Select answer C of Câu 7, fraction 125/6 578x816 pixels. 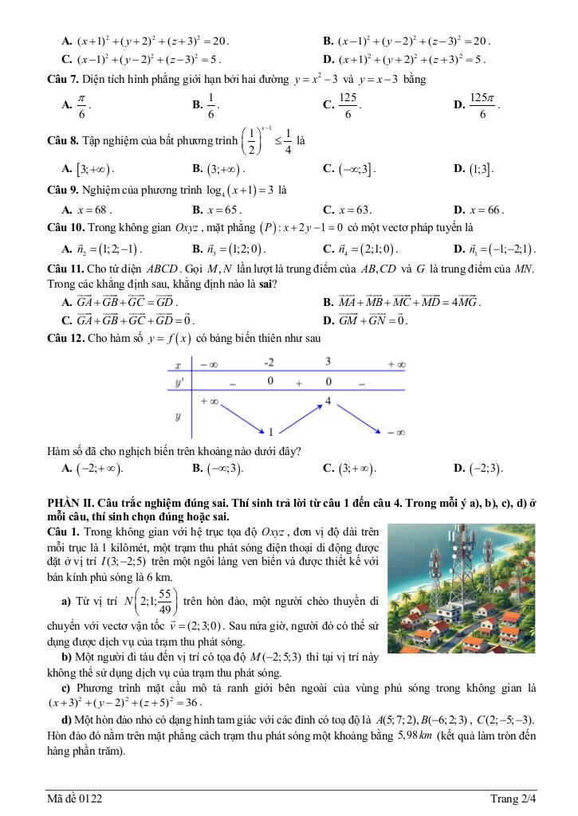pyautogui.click(x=346, y=104)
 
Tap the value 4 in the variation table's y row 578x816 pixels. pyautogui.click(x=328, y=400)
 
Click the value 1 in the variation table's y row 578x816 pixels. pyautogui.click(x=270, y=433)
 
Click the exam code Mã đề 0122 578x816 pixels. pyautogui.click(x=74, y=798)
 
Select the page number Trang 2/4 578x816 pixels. pyautogui.click(x=513, y=798)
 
